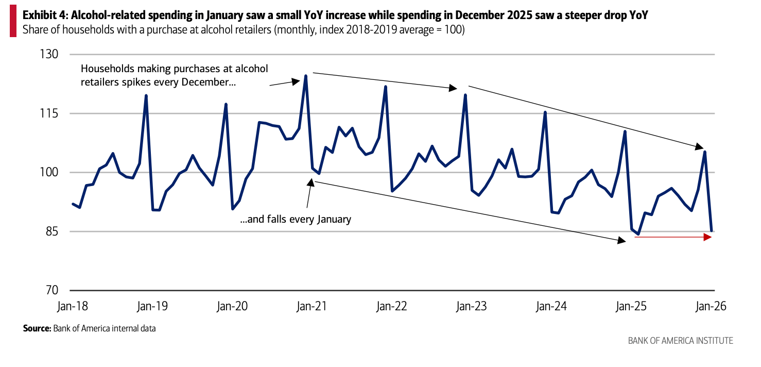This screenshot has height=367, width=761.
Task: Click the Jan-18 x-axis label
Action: click(73, 306)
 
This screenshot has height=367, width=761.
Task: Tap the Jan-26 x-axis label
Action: click(711, 306)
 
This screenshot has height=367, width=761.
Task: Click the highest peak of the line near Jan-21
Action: click(306, 76)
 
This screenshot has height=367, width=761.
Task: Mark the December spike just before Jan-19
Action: click(146, 95)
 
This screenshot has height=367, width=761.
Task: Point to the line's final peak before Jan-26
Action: click(704, 152)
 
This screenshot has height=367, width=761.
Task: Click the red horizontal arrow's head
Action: click(709, 237)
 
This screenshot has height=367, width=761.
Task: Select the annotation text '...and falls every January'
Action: click(296, 219)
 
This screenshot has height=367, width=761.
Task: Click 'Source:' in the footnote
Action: click(37, 328)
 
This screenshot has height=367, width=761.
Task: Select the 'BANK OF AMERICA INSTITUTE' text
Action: click(680, 341)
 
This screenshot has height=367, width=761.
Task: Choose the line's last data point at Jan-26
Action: click(711, 230)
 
